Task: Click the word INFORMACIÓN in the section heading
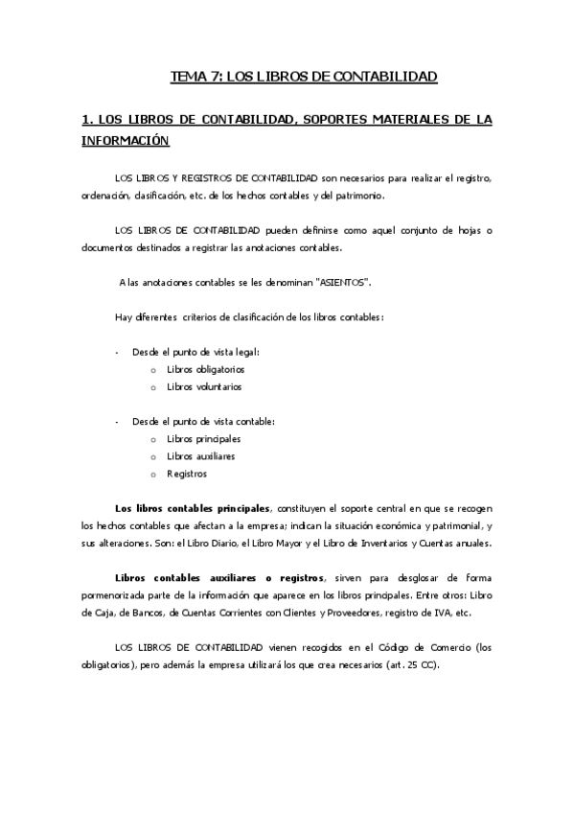[x=126, y=142]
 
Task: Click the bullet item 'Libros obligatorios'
[x=205, y=369]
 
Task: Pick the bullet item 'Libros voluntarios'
[x=204, y=387]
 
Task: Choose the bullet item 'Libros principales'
[x=203, y=438]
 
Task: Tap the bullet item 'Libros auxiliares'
[x=200, y=456]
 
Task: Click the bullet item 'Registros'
[x=186, y=474]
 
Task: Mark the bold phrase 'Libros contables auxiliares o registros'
[x=219, y=577]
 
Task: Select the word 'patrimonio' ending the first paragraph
[x=357, y=196]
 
